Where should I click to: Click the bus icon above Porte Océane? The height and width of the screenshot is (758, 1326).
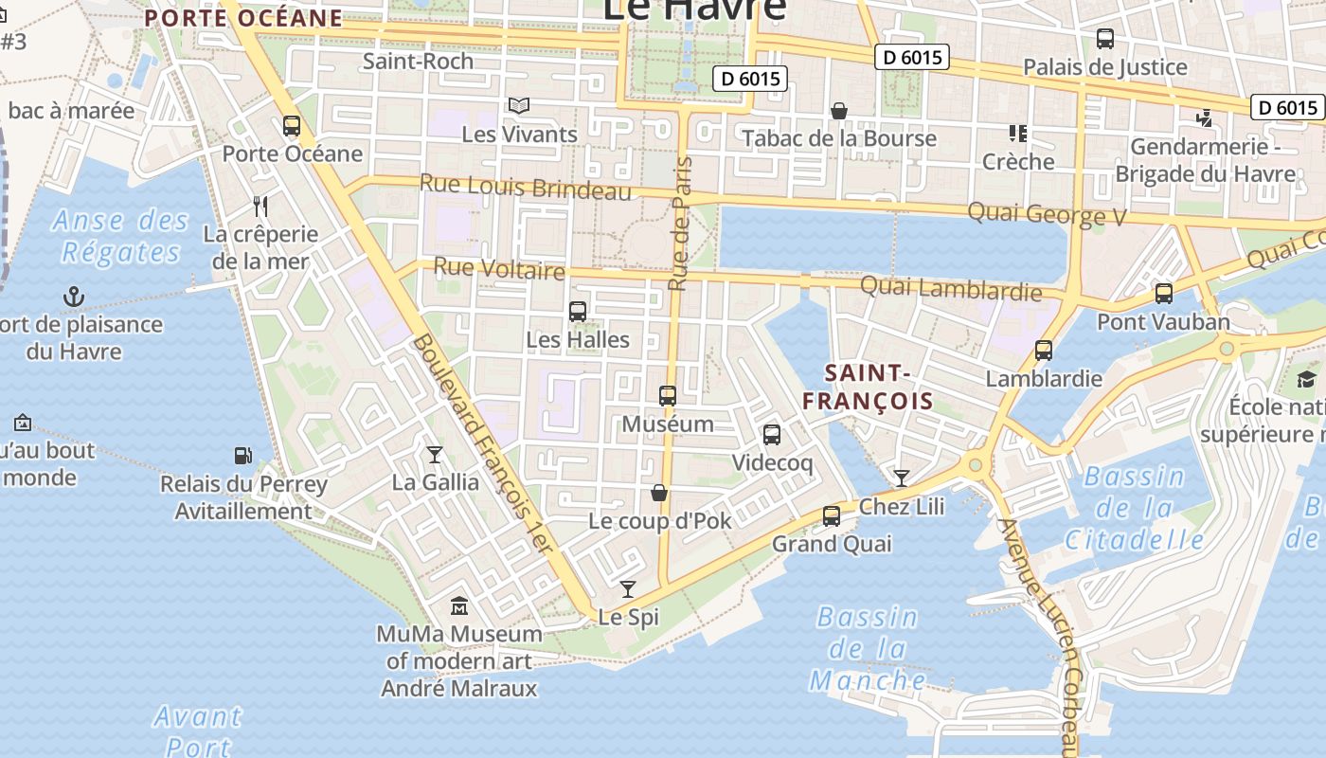[x=292, y=125]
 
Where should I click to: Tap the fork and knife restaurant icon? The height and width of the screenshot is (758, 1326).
[x=260, y=206]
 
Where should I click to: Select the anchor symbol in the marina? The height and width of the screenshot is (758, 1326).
[x=74, y=297]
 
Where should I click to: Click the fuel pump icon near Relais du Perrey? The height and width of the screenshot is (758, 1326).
[x=243, y=456]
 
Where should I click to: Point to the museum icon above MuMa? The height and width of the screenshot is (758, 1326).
[x=459, y=605]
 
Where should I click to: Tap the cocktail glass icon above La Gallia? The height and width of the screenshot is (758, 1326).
[x=435, y=455]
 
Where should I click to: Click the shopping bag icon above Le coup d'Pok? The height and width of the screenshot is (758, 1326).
[x=659, y=493]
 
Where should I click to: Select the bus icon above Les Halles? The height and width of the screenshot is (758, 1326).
[x=577, y=311]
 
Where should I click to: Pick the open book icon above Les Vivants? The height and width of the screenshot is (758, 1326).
[x=519, y=106]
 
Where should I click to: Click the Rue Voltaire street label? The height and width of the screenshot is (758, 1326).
[x=499, y=269]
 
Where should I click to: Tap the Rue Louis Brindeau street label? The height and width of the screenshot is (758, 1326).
[x=525, y=187]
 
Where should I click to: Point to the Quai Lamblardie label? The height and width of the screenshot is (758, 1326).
[x=950, y=287]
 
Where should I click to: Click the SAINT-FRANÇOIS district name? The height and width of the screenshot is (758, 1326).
[x=868, y=387]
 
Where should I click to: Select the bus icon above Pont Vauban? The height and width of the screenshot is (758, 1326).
[x=1164, y=294]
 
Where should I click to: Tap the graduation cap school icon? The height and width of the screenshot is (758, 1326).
[x=1307, y=380]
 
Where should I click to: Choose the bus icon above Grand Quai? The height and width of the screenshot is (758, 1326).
[x=832, y=515]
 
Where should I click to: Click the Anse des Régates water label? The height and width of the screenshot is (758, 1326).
[x=121, y=237]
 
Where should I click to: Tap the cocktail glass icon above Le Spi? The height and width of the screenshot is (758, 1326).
[x=628, y=589]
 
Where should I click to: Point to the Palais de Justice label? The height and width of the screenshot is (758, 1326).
[x=1104, y=66]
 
